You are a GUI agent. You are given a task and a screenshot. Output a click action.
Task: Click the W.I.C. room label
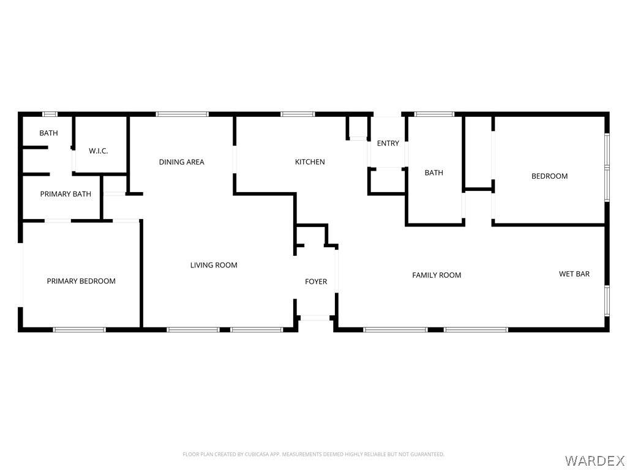pyautogui.click(x=99, y=151)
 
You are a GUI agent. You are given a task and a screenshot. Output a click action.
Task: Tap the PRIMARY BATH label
pyautogui.click(x=66, y=194)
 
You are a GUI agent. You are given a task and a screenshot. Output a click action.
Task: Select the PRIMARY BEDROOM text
pyautogui.click(x=81, y=282)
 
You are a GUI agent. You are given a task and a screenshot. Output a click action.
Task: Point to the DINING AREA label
pyautogui.click(x=181, y=162)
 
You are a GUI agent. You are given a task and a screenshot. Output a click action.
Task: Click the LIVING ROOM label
pyautogui.click(x=214, y=266)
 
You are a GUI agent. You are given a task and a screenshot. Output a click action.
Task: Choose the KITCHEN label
pyautogui.click(x=310, y=162)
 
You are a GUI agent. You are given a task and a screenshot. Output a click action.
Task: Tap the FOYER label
pyautogui.click(x=316, y=282)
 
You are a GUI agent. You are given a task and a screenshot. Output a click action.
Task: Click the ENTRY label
pyautogui.click(x=388, y=143)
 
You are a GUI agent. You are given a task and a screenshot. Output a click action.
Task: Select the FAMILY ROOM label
pyautogui.click(x=437, y=275)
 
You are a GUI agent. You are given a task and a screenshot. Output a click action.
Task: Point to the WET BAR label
pyautogui.click(x=574, y=274)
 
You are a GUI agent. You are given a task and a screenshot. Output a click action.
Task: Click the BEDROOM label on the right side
pyautogui.click(x=549, y=176)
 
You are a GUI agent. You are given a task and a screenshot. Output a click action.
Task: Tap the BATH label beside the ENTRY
pyautogui.click(x=434, y=173)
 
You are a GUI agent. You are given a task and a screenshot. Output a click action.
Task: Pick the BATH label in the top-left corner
pyautogui.click(x=48, y=133)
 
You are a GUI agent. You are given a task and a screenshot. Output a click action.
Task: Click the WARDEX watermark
pyautogui.click(x=594, y=460)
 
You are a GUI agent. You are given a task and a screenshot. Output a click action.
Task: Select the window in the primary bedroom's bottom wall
pyautogui.click(x=79, y=330)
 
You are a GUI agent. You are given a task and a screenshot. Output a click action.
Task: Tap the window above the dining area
pyautogui.click(x=182, y=114)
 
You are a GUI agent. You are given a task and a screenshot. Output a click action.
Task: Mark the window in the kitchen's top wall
pyautogui.click(x=298, y=114)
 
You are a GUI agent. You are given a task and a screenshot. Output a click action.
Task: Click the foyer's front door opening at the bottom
pyautogui.click(x=315, y=318)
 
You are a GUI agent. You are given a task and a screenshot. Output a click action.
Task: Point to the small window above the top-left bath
pyautogui.click(x=50, y=114)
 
